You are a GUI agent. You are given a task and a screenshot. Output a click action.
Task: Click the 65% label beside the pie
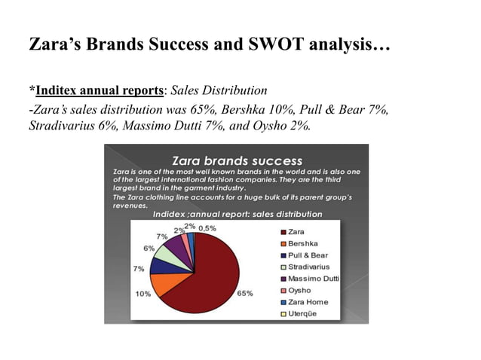pyautogui.click(x=245, y=293)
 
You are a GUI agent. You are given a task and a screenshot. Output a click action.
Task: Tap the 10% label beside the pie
pyautogui.click(x=142, y=294)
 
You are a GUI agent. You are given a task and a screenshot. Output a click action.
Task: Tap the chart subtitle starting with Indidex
pyautogui.click(x=237, y=214)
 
